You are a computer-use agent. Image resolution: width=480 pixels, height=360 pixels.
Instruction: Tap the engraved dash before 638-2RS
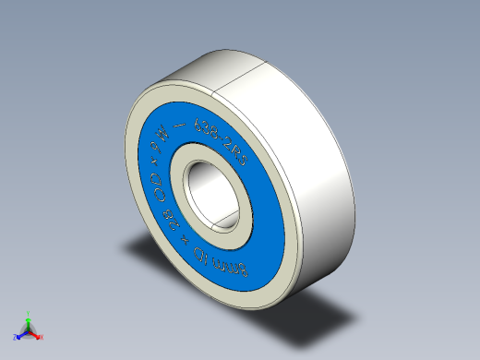[x=192, y=129]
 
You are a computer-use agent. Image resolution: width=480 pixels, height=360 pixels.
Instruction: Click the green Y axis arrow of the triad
[x=28, y=321]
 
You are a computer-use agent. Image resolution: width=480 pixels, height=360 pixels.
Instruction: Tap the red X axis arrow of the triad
[x=35, y=335]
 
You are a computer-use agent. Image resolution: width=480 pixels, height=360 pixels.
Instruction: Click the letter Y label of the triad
[x=28, y=313]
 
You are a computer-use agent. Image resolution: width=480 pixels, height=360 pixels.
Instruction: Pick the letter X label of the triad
[x=42, y=337]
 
